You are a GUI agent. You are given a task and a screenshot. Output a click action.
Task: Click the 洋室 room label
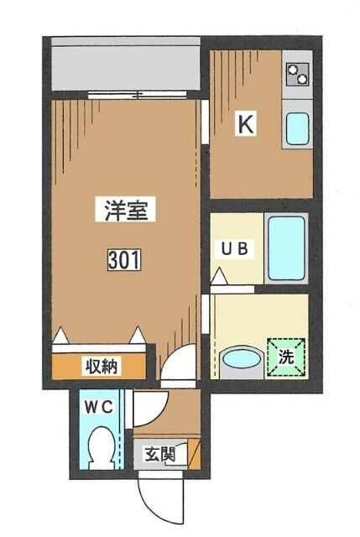tap(127, 211)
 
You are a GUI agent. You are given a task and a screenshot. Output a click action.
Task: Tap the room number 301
tap(124, 261)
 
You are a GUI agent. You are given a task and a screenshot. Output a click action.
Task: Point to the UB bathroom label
tap(234, 248)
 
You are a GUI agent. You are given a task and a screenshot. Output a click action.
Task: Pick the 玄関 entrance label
tap(159, 456)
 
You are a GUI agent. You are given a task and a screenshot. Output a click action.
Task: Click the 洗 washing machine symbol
tap(286, 355)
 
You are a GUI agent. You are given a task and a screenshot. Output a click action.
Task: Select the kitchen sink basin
tap(297, 128)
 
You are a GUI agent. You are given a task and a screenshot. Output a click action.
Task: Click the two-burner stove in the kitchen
tap(297, 76)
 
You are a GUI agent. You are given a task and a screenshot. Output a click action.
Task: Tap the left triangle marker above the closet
tap(62, 336)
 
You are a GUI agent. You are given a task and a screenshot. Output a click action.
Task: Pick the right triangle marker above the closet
tap(137, 336)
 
